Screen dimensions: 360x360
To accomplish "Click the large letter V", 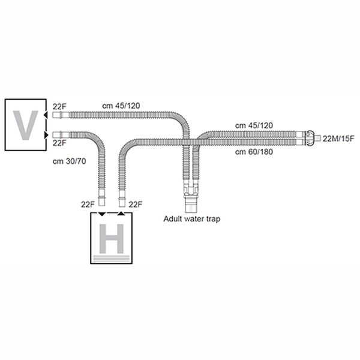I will click(x=25, y=124).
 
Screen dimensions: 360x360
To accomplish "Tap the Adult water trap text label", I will click(x=192, y=219).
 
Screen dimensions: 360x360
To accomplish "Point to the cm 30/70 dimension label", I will click(x=67, y=161).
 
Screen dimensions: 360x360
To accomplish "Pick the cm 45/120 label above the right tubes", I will click(x=254, y=125).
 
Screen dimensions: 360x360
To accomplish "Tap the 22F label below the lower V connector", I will click(x=59, y=143).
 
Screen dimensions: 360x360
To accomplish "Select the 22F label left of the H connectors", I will click(x=89, y=205).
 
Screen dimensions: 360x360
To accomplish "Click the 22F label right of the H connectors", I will click(x=136, y=205).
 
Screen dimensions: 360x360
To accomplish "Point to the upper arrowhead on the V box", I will click(x=46, y=113).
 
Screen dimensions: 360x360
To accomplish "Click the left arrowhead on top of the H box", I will click(x=102, y=214).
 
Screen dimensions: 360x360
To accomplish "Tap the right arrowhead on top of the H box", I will click(x=121, y=214).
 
